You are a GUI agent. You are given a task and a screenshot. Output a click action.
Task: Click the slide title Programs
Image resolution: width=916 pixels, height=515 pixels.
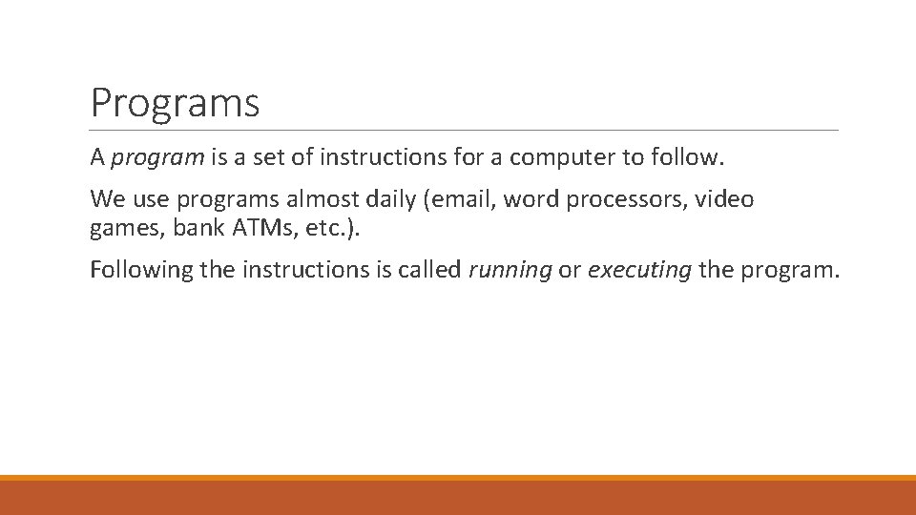175,103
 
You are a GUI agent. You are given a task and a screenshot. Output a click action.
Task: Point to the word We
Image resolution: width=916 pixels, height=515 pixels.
106,199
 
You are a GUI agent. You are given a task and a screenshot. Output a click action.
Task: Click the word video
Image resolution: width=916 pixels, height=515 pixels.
724,199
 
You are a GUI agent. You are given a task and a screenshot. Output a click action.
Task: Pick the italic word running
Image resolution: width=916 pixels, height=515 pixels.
510,271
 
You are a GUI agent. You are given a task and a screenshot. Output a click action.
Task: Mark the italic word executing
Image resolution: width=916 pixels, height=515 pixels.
639,271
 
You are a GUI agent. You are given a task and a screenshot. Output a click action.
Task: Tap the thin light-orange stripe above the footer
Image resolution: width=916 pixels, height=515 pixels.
458,478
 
